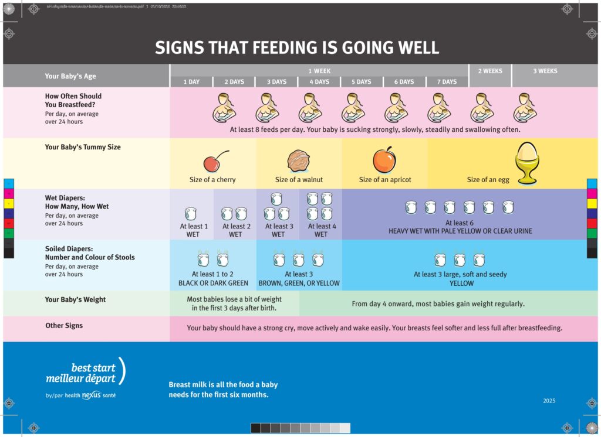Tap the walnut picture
(x=298, y=161)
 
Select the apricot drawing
(x=384, y=160)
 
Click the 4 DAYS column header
(x=319, y=82)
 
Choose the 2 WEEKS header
(x=490, y=71)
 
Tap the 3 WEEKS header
(x=545, y=71)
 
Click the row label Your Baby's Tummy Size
(x=83, y=147)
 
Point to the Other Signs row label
(x=64, y=326)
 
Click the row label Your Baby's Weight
(x=75, y=300)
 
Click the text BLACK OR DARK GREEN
(x=213, y=284)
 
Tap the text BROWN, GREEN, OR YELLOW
(x=299, y=284)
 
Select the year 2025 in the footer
(x=549, y=401)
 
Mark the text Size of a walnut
(x=299, y=180)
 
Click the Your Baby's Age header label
(x=70, y=76)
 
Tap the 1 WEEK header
(x=319, y=71)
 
